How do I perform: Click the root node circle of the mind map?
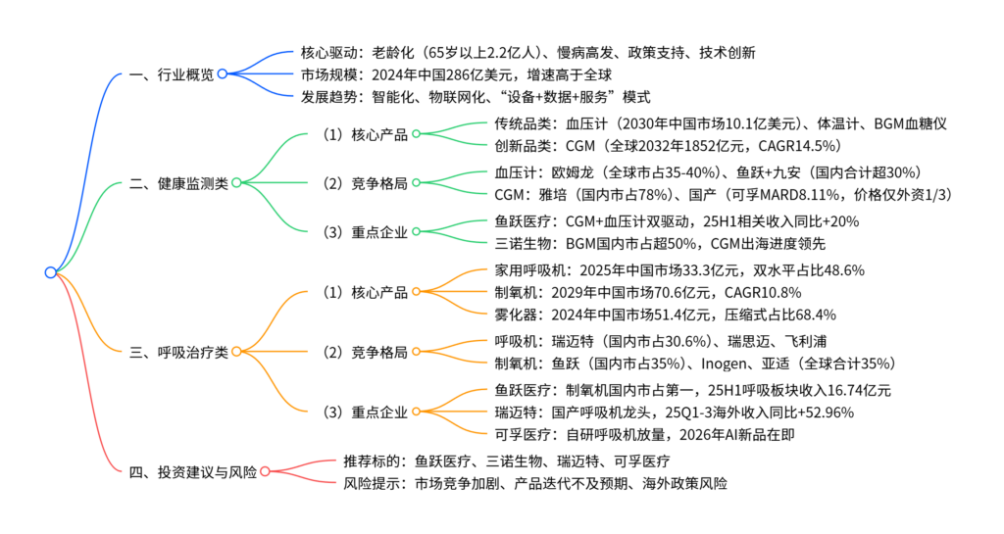click(51, 272)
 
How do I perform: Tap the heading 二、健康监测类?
click(178, 182)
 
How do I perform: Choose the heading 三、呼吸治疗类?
click(178, 350)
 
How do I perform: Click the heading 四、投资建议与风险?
click(193, 472)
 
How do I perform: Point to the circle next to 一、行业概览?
click(223, 74)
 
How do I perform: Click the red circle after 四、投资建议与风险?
click(265, 472)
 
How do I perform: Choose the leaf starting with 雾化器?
click(667, 315)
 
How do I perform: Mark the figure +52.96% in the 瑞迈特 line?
click(821, 412)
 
